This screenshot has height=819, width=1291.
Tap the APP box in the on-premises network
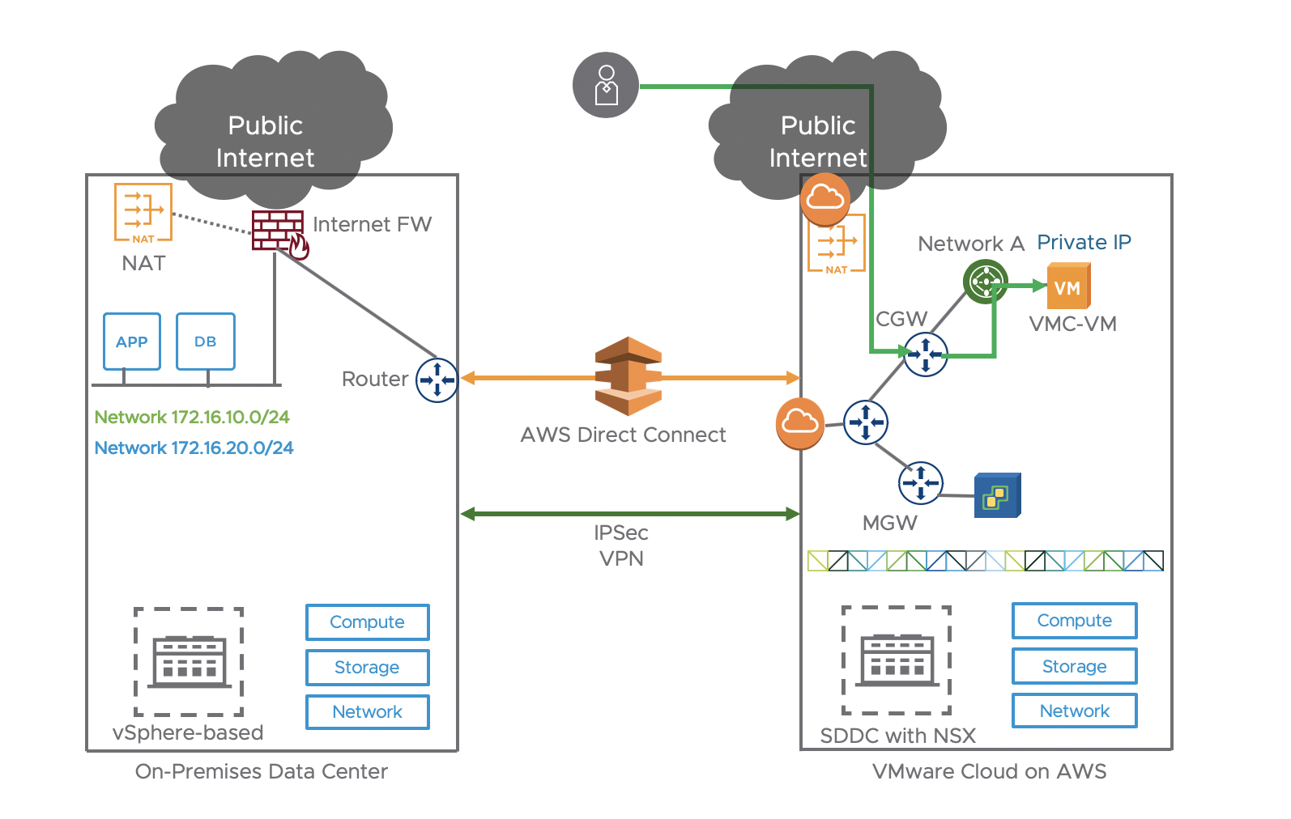pyautogui.click(x=132, y=342)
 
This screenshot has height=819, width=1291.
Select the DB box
pyautogui.click(x=206, y=342)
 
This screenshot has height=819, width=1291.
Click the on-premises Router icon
pyautogui.click(x=437, y=380)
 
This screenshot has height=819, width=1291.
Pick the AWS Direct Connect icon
pyautogui.click(x=628, y=376)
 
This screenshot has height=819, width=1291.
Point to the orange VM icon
pyautogui.click(x=1068, y=287)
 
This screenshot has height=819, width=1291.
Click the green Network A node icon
pyautogui.click(x=985, y=282)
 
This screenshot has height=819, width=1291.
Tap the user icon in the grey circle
pyautogui.click(x=606, y=85)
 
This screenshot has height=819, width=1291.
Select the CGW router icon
pyautogui.click(x=926, y=354)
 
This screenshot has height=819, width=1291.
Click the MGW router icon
pyautogui.click(x=920, y=483)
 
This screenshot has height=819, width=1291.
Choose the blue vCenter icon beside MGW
pyautogui.click(x=997, y=495)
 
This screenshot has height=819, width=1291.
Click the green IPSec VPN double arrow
pyautogui.click(x=629, y=514)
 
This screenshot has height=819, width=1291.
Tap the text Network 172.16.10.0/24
pyautogui.click(x=192, y=418)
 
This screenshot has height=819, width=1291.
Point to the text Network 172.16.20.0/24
pyautogui.click(x=194, y=448)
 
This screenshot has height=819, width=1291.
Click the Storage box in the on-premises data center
pyautogui.click(x=367, y=668)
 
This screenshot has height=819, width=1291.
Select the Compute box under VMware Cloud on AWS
pyautogui.click(x=1074, y=621)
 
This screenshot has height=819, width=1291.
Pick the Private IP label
pyautogui.click(x=1084, y=242)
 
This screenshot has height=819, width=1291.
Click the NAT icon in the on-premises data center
pyautogui.click(x=143, y=213)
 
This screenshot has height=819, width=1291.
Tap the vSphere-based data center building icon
pyautogui.click(x=190, y=661)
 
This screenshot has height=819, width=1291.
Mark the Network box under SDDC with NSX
pyautogui.click(x=1074, y=711)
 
